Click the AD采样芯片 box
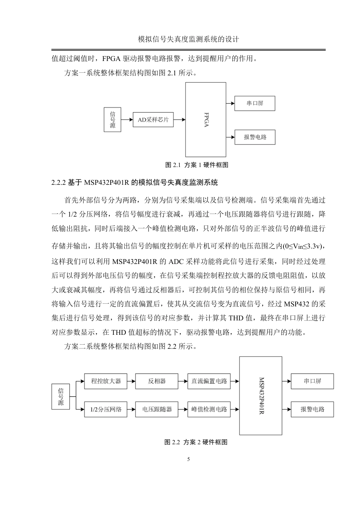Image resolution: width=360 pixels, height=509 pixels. click(x=153, y=120)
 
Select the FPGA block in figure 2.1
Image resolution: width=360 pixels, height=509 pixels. click(x=206, y=120)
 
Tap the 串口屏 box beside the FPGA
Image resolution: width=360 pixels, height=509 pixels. click(x=255, y=103)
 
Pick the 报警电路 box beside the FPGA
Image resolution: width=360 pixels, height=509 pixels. click(x=255, y=137)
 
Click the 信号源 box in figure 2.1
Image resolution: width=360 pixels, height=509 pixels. click(x=113, y=120)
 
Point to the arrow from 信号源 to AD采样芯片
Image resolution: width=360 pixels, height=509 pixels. click(x=127, y=120)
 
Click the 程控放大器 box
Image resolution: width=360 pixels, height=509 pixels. click(x=106, y=381)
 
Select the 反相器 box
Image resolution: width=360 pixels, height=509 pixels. click(x=157, y=381)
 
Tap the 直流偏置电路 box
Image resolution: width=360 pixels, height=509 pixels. click(x=209, y=381)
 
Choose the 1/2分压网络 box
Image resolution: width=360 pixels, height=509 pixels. click(x=106, y=409)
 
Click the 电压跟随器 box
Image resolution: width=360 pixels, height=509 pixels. click(x=157, y=409)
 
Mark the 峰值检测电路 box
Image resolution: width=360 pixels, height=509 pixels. click(x=209, y=409)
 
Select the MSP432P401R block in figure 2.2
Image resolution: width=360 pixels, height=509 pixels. click(x=261, y=395)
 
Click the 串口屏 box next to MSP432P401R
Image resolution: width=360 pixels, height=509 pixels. click(x=312, y=381)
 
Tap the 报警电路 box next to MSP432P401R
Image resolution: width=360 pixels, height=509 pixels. click(x=312, y=409)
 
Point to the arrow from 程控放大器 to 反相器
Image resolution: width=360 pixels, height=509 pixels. click(x=131, y=381)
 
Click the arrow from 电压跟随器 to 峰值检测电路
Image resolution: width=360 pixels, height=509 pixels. click(x=183, y=409)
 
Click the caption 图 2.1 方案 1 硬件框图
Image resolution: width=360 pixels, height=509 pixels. click(x=197, y=165)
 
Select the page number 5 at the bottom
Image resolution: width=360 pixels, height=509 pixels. click(x=188, y=459)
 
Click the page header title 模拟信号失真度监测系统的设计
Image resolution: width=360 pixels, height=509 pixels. click(x=188, y=39)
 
